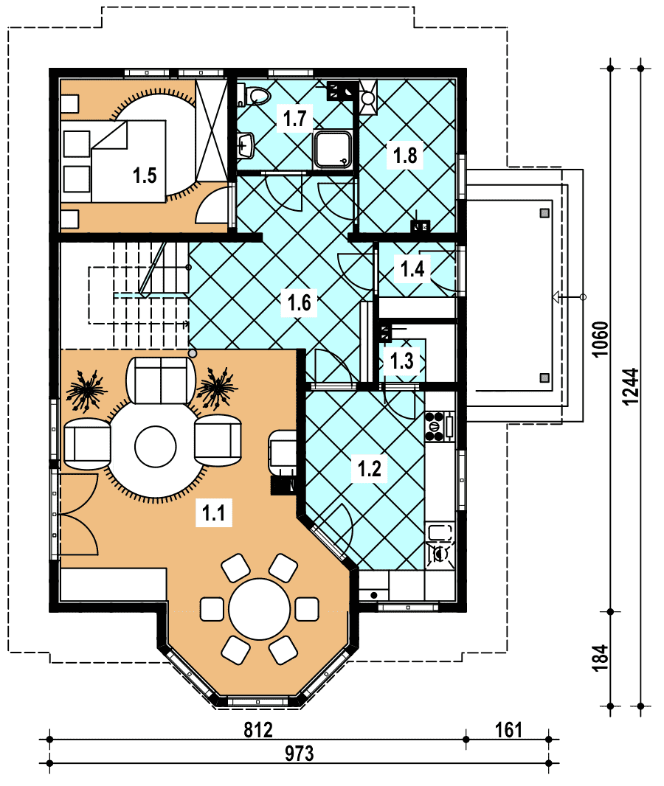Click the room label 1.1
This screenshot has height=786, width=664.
(x=213, y=512)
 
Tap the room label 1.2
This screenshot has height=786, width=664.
(x=369, y=469)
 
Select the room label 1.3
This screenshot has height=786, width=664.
(x=401, y=361)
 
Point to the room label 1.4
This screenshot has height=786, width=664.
(x=412, y=269)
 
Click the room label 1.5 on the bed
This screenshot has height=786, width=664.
(x=145, y=175)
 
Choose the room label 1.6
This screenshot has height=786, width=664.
(x=299, y=302)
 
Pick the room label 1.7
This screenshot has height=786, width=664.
(x=294, y=119)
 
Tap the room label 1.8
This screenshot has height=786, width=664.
(x=405, y=156)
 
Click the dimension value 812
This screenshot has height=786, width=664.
(x=258, y=730)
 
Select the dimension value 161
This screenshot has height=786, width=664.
(x=508, y=730)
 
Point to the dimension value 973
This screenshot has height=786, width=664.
(x=300, y=754)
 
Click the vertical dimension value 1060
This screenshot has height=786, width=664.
(x=601, y=339)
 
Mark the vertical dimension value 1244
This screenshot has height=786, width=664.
(x=630, y=386)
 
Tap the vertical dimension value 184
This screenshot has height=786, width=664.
(x=601, y=657)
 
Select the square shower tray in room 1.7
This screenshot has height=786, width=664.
(x=333, y=149)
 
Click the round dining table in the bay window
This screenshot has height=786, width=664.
(x=259, y=609)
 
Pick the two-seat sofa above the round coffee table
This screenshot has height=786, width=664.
(x=161, y=380)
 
